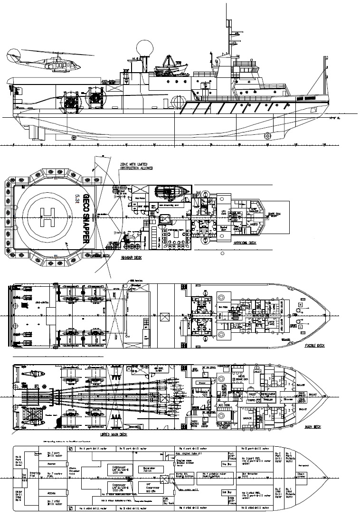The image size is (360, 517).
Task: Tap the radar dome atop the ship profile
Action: click(142, 49)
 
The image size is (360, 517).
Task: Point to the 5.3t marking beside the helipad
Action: click(77, 198)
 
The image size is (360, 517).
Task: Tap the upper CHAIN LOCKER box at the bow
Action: click(302, 394)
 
